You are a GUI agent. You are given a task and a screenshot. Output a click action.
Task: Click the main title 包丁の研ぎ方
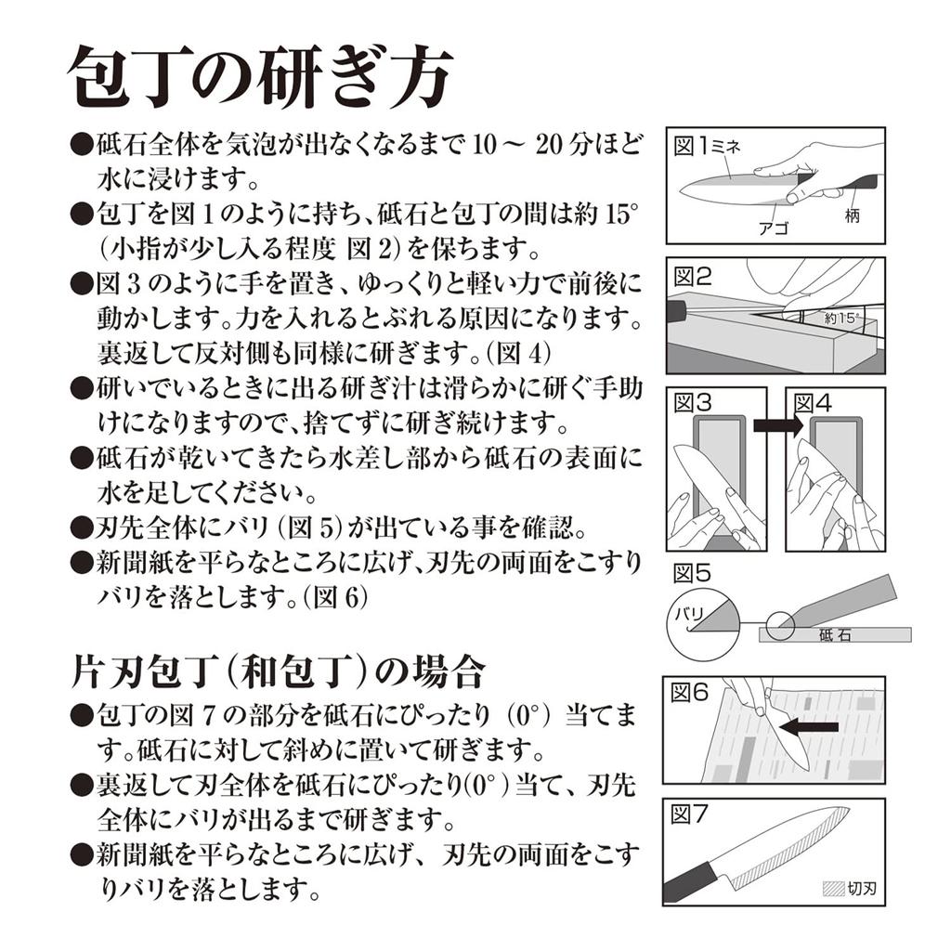coord(260,79)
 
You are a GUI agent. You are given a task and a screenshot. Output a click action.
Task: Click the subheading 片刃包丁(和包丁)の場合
coord(279,672)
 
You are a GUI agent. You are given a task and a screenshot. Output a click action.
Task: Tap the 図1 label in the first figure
coord(691,146)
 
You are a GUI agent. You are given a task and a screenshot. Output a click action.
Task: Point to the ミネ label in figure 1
coord(725,147)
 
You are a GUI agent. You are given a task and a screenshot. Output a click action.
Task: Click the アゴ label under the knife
coord(774,228)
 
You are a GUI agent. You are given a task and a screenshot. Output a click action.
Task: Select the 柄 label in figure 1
coord(853,215)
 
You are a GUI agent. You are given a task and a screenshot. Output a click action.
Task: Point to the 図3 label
coord(693,403)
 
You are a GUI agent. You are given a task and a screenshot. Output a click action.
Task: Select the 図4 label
coord(813,403)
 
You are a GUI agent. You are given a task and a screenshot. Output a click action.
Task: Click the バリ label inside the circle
coord(689,615)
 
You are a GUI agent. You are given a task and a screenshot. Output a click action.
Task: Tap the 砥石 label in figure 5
coord(835,635)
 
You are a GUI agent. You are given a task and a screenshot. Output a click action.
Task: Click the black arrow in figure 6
coord(809,726)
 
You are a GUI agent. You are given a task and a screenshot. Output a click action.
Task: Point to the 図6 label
coord(690,692)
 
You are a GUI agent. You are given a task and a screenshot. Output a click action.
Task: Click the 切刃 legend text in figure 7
coord(862,889)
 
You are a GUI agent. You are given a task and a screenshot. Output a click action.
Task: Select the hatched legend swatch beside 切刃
coord(833,889)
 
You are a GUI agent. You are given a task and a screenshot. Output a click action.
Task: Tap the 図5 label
coord(692,572)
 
